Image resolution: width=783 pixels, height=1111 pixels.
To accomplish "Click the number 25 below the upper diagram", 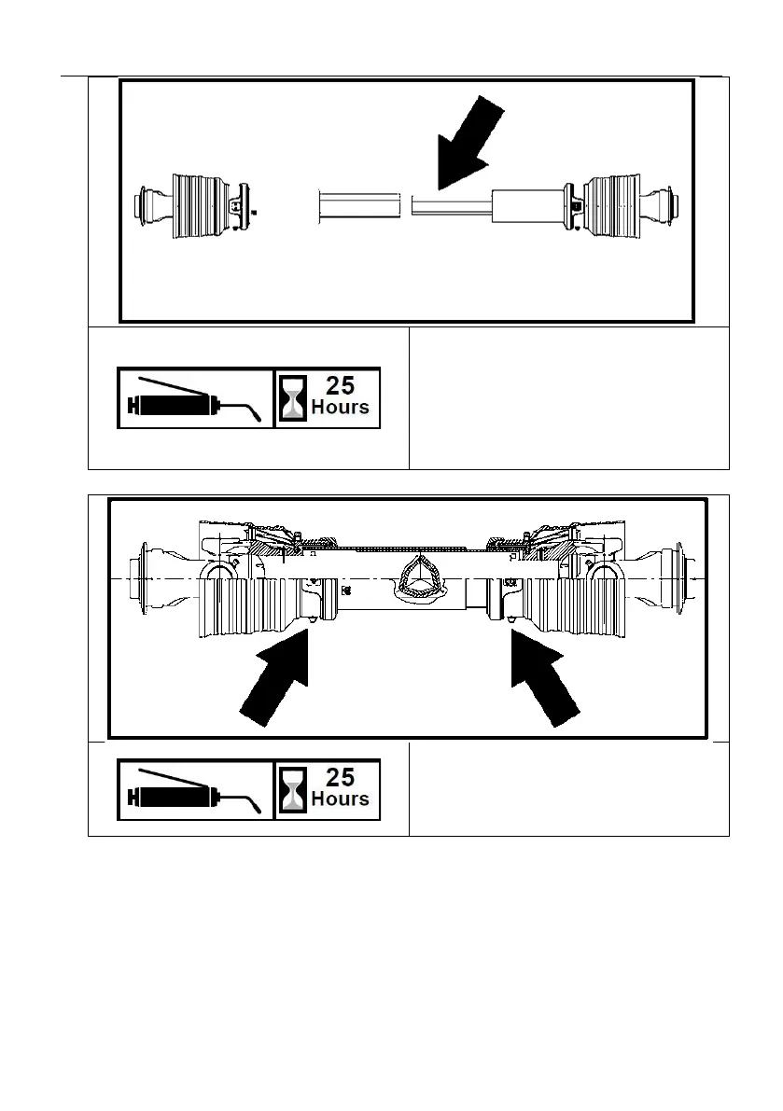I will coord(340,386).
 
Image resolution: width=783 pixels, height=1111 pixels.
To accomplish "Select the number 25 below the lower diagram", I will coord(340,778).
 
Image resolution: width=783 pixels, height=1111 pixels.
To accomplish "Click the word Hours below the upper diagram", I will coord(340,408).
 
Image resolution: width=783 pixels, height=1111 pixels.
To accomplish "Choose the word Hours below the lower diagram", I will coord(340,799).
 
